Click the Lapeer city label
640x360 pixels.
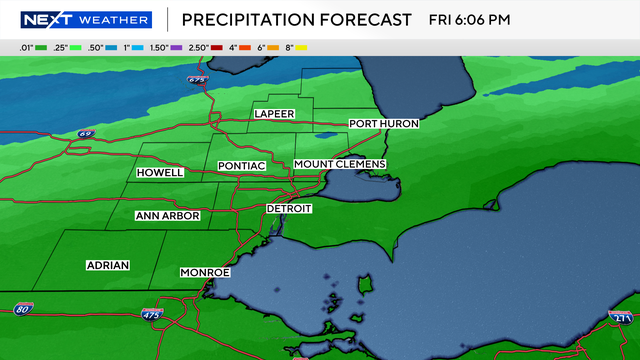click(274, 114)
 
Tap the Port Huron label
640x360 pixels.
click(384, 124)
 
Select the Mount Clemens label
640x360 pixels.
click(340, 164)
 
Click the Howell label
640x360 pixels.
click(160, 173)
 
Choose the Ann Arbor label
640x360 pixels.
click(168, 216)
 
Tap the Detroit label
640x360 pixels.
click(289, 209)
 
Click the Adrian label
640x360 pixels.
click(106, 266)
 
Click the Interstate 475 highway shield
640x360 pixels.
click(149, 315)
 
